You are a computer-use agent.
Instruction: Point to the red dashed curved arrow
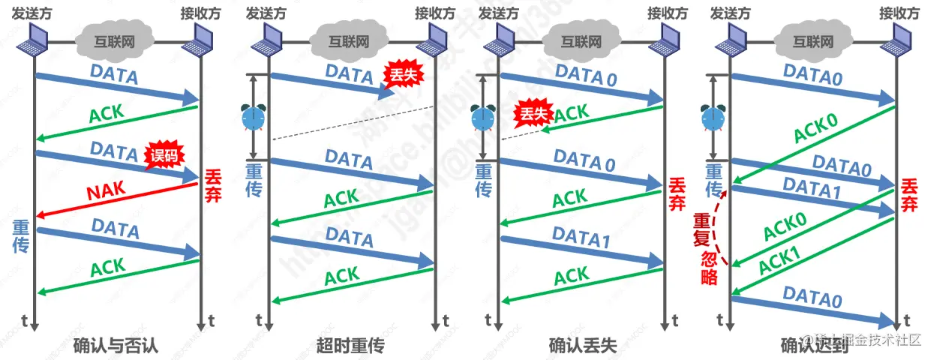tap(721, 225)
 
